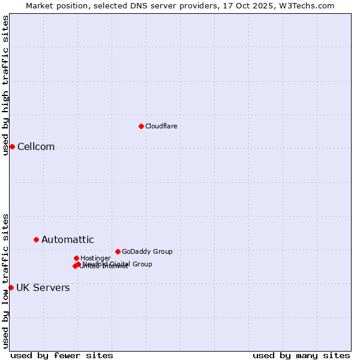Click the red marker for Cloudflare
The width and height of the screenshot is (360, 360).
[141, 126]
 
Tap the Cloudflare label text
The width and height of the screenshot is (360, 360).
[161, 126]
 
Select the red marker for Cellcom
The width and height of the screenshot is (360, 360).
[12, 147]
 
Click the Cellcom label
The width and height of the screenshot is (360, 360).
[36, 147]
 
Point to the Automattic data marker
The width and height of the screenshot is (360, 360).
[36, 239]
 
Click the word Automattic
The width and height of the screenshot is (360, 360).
[67, 240]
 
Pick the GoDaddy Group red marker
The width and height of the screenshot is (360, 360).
[118, 251]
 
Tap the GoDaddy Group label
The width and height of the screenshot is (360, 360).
[147, 251]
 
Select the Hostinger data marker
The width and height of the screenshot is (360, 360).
[76, 258]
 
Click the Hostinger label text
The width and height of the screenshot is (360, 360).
[95, 258]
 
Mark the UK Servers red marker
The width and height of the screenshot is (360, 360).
[11, 287]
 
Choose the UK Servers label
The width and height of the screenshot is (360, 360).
[43, 288]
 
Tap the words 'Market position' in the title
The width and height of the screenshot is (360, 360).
[55, 5]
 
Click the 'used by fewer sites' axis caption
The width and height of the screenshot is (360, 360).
[62, 355]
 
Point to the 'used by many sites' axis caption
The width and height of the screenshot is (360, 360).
[301, 355]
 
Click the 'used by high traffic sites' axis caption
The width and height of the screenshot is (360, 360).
[5, 85]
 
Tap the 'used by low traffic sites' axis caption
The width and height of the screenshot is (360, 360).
[5, 281]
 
